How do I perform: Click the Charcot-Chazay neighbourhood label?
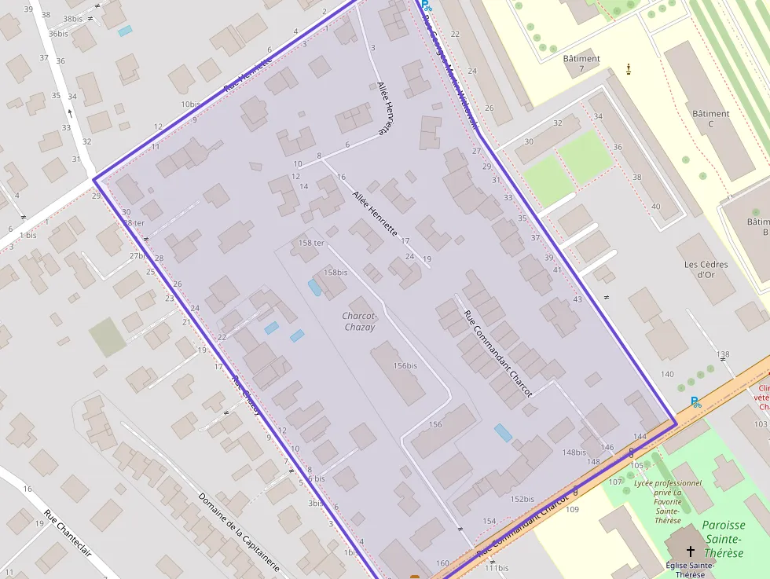pos(360,321)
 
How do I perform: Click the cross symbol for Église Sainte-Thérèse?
pos(691,551)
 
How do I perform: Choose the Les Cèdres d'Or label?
pos(706,269)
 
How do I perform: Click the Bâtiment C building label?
pos(710,119)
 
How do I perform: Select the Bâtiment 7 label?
pos(581,64)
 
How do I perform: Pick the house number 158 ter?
pos(307,243)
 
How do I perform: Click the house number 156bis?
pos(405,365)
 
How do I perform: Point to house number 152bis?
pos(522,499)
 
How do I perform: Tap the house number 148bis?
pos(574,452)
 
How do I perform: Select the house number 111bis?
pos(496,568)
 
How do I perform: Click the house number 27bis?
pos(137,255)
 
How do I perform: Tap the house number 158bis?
pos(335,272)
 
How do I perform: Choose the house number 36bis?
pos(58,34)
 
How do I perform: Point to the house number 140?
pos(667,374)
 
